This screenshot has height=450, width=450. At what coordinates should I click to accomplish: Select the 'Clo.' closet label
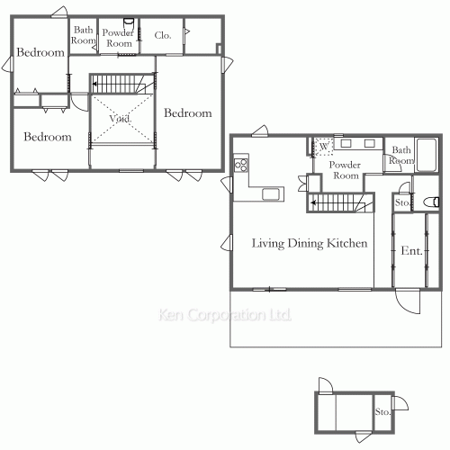coord(163,36)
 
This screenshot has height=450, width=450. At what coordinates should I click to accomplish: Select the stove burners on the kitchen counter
coord(240,165)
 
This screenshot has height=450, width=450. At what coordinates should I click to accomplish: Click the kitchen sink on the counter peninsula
coord(271,193)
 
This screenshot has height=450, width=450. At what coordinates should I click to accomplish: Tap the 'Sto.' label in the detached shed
coord(382,412)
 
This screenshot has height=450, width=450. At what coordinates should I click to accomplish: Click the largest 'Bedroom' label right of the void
coord(187,113)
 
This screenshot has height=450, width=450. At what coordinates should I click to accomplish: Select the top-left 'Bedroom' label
coord(40,53)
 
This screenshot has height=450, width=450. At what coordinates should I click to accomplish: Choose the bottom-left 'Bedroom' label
coord(47,138)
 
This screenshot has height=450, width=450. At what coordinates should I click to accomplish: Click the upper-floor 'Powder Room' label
coord(118,38)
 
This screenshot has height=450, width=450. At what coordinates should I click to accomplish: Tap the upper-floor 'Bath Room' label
coord(83,36)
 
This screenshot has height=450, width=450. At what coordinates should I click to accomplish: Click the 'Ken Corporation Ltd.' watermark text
coord(225,316)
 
